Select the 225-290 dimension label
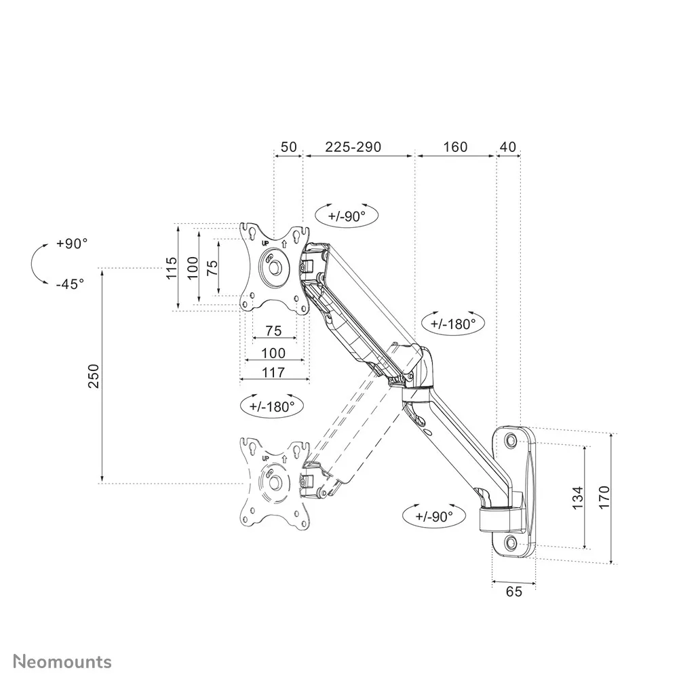coord(353,147)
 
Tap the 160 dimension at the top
coord(454,147)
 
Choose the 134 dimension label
coord(576,498)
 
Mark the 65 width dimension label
coord(514,591)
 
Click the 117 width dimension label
coord(273,372)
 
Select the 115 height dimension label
coord(172,268)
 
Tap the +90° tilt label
coord(72,244)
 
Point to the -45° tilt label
coord(70,284)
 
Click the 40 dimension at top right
coord(508,147)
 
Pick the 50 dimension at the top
coord(288,147)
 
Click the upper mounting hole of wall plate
coord(511,441)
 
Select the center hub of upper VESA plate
coord(275,265)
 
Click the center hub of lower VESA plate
coord(275,482)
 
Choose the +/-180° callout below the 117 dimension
coord(271,406)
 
